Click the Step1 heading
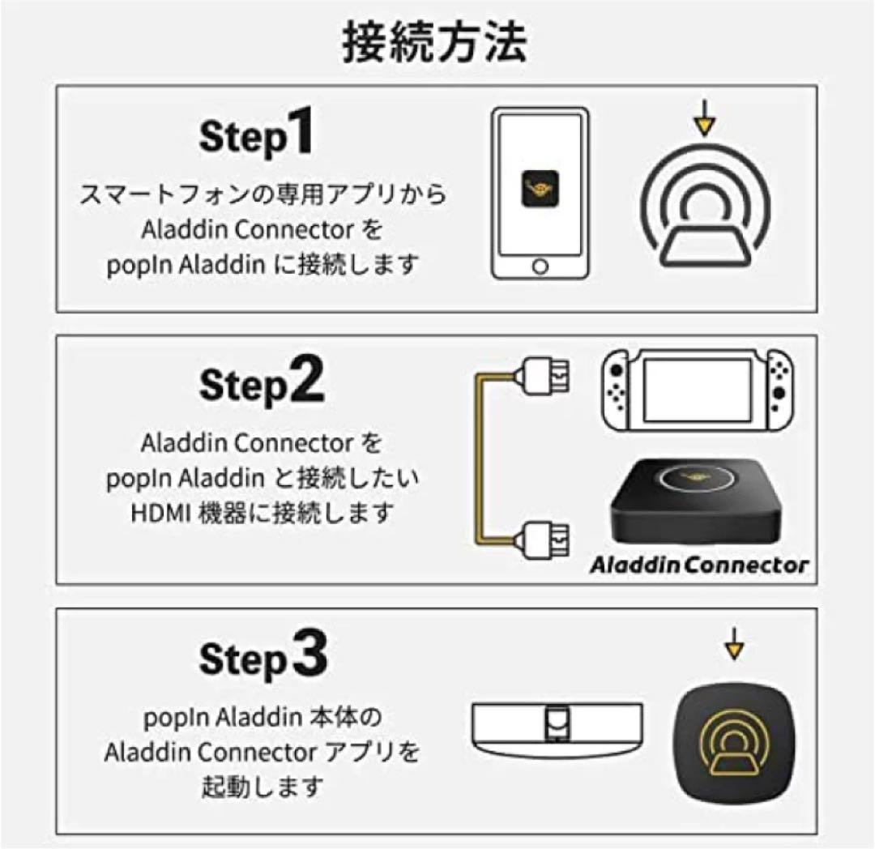coord(255,136)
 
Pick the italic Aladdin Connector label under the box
coord(699,565)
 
